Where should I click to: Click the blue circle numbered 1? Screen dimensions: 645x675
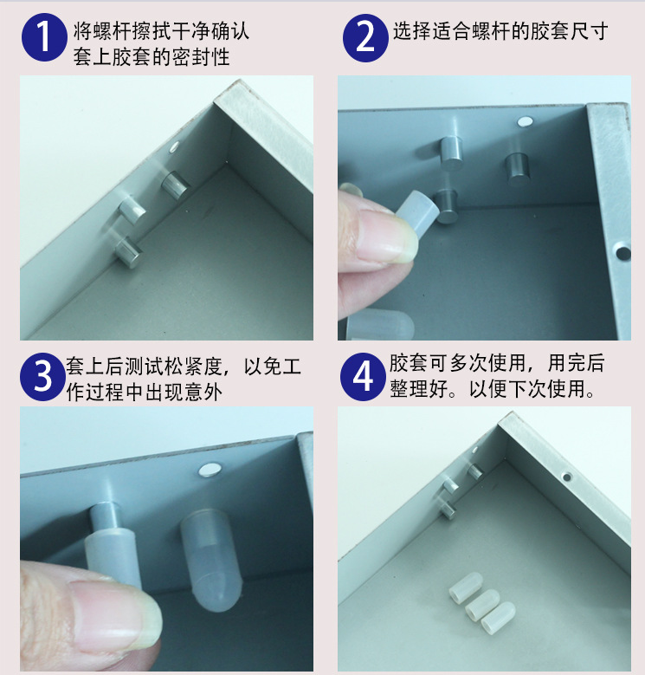(x=44, y=37)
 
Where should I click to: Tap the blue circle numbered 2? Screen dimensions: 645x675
(x=365, y=38)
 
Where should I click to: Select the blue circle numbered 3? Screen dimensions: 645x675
(x=42, y=377)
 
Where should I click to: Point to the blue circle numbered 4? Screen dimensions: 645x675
(x=363, y=377)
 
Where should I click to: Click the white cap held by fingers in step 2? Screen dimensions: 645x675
(x=417, y=210)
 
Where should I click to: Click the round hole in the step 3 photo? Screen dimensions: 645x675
(x=210, y=471)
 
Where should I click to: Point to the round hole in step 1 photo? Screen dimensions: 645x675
(x=174, y=147)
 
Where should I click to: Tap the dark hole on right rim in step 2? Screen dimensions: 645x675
(x=623, y=253)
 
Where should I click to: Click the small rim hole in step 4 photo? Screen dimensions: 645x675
(x=567, y=477)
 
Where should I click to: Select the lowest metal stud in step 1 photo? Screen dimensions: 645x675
(x=129, y=252)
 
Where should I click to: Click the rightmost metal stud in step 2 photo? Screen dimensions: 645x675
(x=517, y=168)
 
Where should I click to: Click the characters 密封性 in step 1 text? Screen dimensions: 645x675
(x=201, y=57)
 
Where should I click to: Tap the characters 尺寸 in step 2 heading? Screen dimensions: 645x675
(x=589, y=31)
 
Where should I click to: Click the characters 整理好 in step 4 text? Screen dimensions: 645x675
(x=419, y=388)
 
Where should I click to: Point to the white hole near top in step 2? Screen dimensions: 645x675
(x=525, y=122)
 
